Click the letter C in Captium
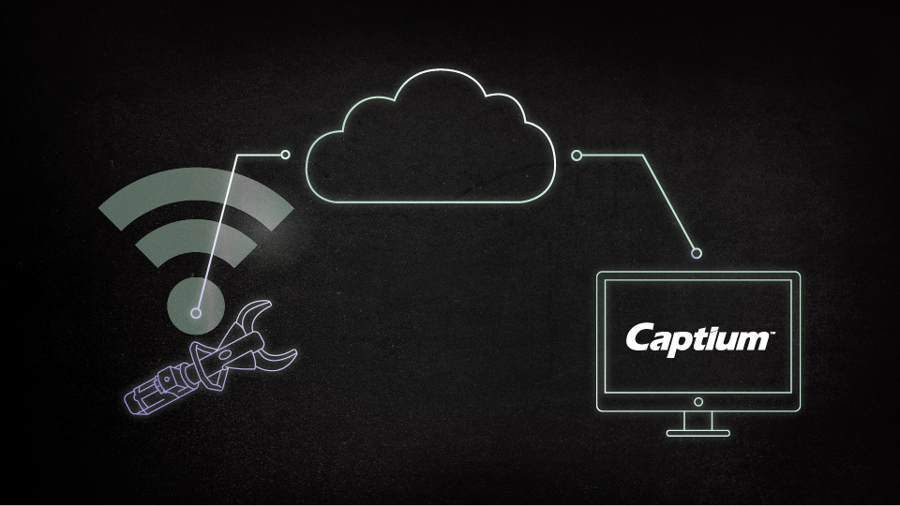[637, 337]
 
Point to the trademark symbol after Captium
[772, 332]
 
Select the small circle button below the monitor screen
[697, 402]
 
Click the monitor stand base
[697, 434]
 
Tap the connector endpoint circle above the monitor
[697, 253]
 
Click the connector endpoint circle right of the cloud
[577, 156]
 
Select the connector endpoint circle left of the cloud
[285, 155]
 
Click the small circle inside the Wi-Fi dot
[196, 313]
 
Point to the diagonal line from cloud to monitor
[669, 203]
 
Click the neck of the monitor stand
[697, 421]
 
